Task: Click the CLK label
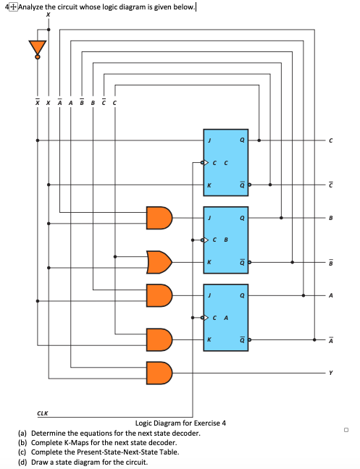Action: click(43, 414)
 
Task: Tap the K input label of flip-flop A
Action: click(209, 339)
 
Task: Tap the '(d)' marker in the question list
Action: click(22, 462)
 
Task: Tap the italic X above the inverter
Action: click(49, 14)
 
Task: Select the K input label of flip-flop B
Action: click(209, 261)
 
